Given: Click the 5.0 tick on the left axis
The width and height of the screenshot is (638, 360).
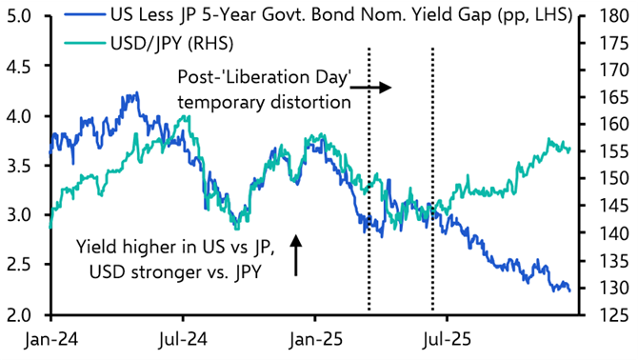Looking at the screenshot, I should tap(22, 16).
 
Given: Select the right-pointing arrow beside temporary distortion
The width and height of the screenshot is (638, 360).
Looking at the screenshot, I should tap(377, 88).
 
